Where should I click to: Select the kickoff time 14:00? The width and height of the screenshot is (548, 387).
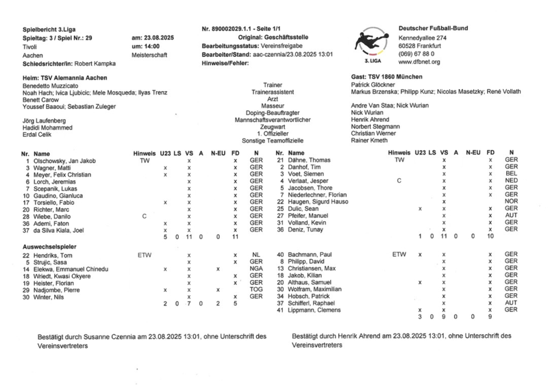140,45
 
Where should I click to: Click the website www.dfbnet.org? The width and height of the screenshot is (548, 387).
420,62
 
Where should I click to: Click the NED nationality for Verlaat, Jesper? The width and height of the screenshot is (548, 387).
510,181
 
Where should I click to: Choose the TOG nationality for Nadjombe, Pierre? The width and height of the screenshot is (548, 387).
256,290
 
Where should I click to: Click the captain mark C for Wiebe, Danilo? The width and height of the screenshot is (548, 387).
144,216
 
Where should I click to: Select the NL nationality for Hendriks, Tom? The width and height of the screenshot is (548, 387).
256,255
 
